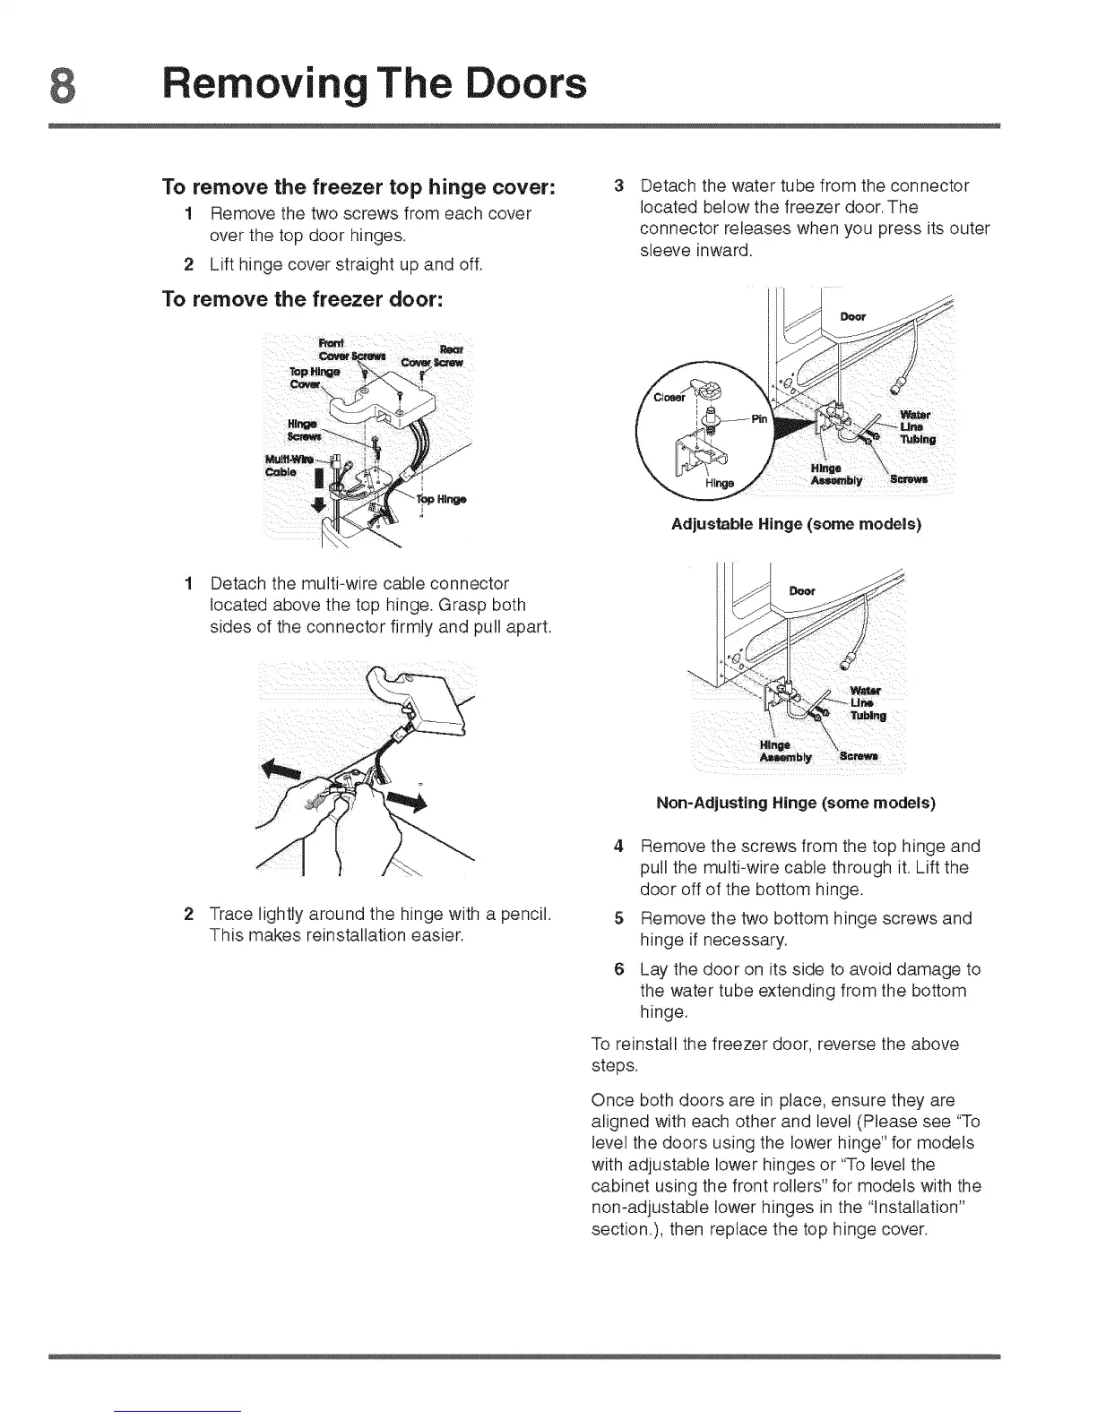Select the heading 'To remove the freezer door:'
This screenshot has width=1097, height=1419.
[x=301, y=299]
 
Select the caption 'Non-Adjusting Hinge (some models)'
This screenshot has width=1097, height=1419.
[x=796, y=803]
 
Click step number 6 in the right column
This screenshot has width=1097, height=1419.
[x=618, y=969]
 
